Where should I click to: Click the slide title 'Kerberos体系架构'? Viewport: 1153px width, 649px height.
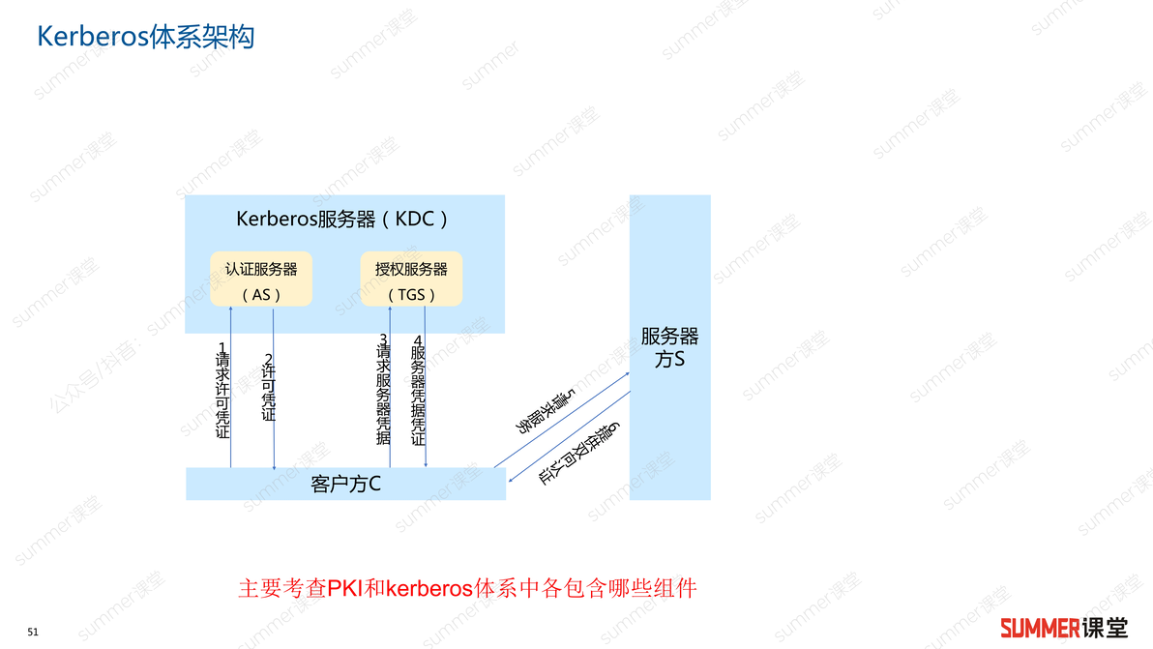[146, 37]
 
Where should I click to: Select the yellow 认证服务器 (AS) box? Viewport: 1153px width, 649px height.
[261, 279]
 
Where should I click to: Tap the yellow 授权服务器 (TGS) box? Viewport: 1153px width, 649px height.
[411, 279]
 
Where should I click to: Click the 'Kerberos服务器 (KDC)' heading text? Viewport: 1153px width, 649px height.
[341, 219]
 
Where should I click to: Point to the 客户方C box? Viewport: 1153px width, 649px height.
[345, 484]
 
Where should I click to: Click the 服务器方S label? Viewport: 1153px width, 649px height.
[670, 347]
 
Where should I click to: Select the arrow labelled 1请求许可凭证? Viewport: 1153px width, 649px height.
[231, 387]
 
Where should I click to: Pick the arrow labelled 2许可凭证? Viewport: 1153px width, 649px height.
[274, 389]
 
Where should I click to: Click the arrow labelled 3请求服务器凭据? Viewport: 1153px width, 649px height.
[390, 387]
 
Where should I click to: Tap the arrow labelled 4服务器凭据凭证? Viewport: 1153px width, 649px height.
[425, 387]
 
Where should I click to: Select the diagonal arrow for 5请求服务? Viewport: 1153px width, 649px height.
[562, 420]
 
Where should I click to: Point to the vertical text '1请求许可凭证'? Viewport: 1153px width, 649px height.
[222, 391]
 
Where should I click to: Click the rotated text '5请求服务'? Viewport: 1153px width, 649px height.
[545, 412]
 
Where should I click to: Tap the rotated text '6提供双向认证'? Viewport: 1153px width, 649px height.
[579, 454]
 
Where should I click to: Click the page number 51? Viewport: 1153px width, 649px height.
[33, 633]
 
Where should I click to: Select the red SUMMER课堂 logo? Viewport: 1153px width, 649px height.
[1064, 628]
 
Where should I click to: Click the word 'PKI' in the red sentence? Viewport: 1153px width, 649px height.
[345, 588]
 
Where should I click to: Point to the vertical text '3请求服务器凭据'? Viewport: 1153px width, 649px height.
[383, 390]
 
